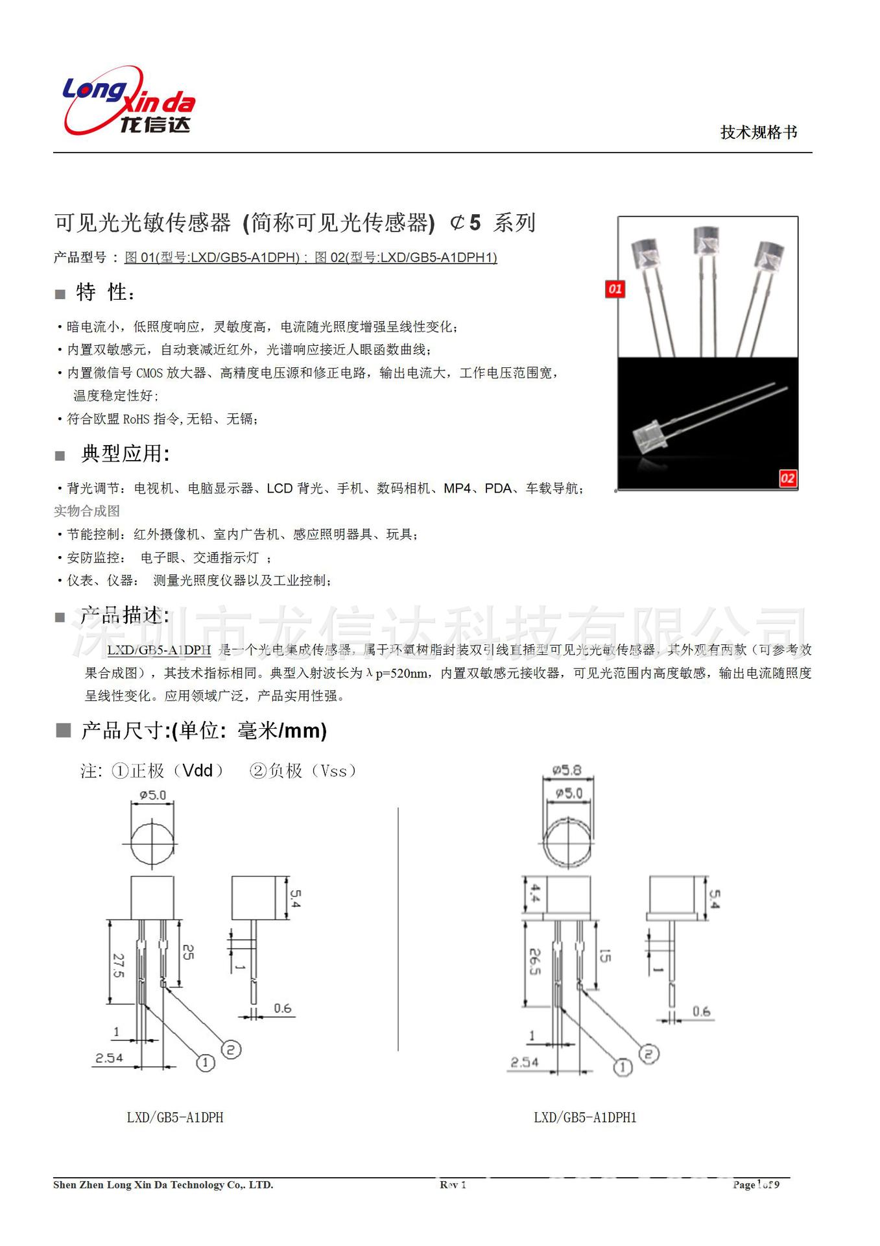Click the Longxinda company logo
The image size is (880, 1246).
click(x=128, y=102)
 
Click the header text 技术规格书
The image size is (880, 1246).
click(x=758, y=132)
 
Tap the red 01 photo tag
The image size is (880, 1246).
click(x=615, y=289)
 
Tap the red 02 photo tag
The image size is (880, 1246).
click(x=787, y=478)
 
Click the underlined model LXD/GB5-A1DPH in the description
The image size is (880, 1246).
click(x=159, y=650)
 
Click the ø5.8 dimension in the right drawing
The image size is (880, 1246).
click(x=567, y=770)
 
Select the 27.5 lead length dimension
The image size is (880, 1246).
click(x=118, y=966)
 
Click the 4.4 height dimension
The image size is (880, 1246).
click(x=535, y=894)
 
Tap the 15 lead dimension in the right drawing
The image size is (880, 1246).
click(x=604, y=955)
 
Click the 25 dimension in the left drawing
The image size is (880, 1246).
click(x=187, y=952)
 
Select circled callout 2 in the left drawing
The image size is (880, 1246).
click(x=232, y=1049)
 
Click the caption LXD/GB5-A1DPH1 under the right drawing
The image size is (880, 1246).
click(x=585, y=1118)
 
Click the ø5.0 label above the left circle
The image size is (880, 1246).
click(x=153, y=795)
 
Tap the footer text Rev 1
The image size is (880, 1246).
click(x=453, y=1184)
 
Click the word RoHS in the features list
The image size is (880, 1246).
click(x=136, y=419)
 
